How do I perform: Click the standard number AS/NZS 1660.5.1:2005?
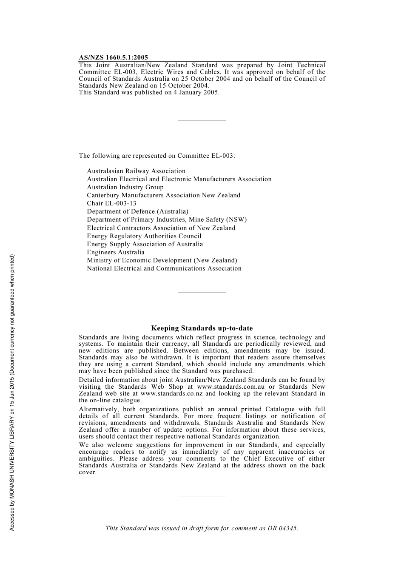pos(114,57)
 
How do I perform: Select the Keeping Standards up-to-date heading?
pos(202,328)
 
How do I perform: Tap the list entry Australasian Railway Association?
pos(136,171)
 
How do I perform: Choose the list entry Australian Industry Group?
pos(125,187)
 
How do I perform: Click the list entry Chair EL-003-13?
pos(111,203)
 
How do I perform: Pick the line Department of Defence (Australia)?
pos(137,211)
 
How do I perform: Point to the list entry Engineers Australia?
pos(116,252)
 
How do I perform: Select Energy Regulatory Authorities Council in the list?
pos(144,236)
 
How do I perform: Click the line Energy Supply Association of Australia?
pos(145,244)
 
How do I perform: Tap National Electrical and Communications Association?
pos(164,268)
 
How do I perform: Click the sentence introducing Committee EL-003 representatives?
pos(157,156)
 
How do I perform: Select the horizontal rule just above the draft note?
pos(202,496)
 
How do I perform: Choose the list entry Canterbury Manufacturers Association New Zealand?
pos(163,195)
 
